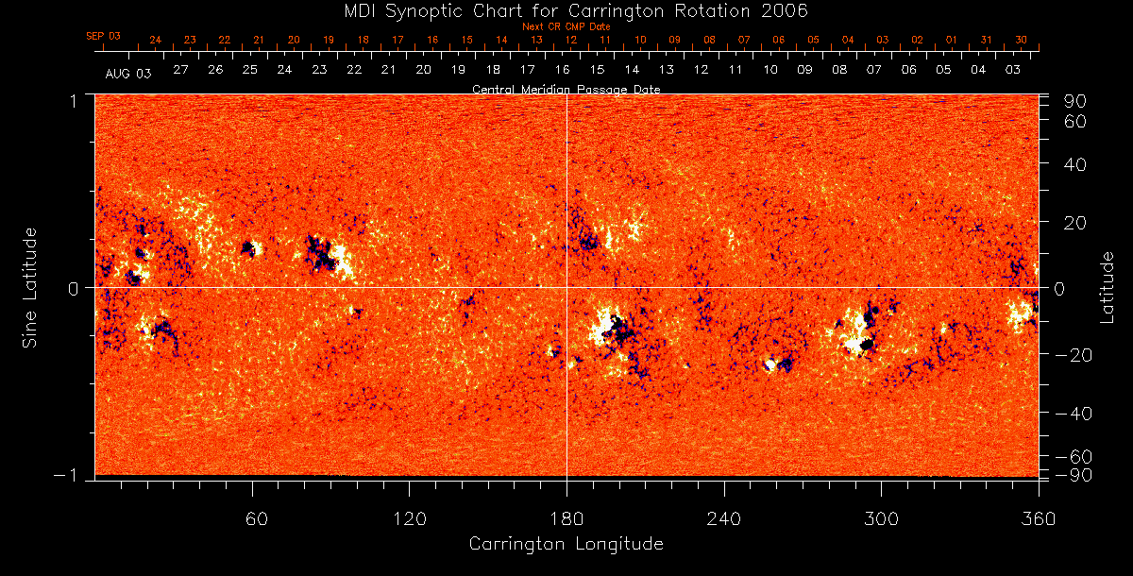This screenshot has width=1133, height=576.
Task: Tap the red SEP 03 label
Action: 104,36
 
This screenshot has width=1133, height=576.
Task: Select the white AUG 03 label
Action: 128,73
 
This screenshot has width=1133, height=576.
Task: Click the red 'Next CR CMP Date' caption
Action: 566,26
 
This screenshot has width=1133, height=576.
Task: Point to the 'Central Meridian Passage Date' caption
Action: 566,90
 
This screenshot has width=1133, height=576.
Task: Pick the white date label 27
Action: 180,71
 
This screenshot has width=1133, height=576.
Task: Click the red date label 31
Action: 986,40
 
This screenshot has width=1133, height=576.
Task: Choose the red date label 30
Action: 1021,40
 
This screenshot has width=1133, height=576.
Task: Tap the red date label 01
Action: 951,40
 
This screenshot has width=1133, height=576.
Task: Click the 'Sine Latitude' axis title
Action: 30,287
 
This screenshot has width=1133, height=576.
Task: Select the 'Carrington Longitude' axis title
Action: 566,544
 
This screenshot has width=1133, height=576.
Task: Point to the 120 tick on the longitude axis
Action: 410,518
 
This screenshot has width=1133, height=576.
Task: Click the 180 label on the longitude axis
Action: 566,518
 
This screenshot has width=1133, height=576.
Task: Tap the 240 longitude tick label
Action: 724,518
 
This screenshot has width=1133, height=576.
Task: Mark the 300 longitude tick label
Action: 881,518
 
